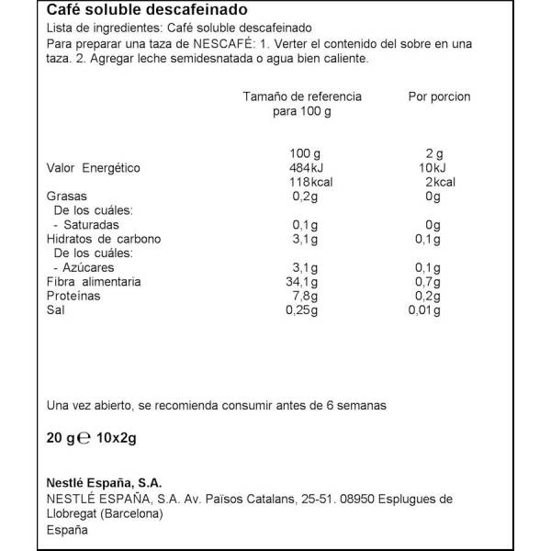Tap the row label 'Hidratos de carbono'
(104, 239)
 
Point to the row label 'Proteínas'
(73, 297)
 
